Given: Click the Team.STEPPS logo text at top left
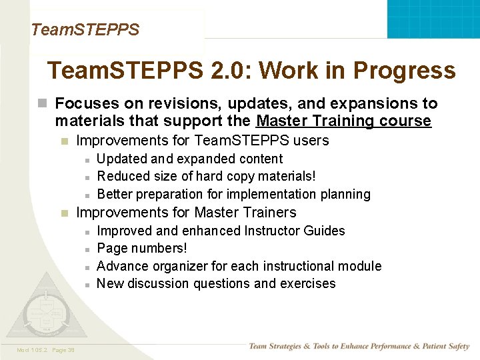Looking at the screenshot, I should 85,30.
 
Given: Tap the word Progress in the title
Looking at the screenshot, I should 404,71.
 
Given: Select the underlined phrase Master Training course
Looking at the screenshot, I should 343,121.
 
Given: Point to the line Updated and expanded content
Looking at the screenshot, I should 189,159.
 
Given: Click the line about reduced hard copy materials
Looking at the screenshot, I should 206,176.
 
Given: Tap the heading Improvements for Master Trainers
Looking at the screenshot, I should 186,213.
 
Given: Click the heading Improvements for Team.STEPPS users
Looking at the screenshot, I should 202,141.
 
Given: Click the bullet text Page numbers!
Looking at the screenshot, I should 141,248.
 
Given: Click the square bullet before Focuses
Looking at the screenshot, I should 43,104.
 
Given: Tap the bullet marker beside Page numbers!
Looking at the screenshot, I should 87,249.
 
